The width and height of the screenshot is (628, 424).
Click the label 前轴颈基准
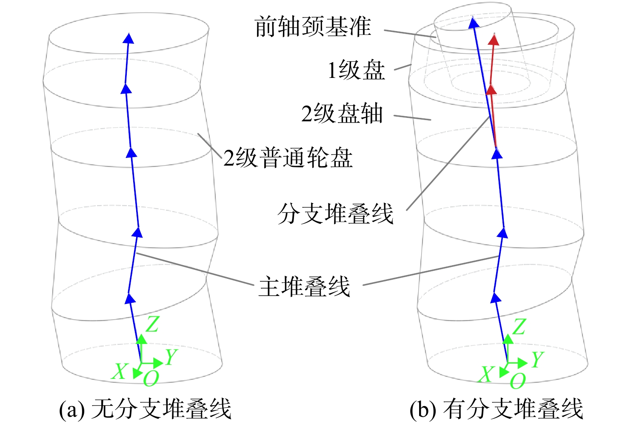[313, 27]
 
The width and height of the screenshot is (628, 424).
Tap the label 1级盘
[356, 70]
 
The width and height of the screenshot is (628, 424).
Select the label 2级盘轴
[342, 114]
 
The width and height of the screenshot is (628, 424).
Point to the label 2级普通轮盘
[288, 158]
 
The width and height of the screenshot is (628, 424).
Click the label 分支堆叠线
[335, 214]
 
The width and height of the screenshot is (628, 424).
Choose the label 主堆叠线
[304, 286]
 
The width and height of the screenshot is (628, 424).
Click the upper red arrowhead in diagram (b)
[494, 40]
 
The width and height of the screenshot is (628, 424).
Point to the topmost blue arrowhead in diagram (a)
[128, 38]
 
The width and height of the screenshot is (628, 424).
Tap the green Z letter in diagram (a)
[153, 324]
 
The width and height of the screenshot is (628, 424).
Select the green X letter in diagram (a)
[120, 371]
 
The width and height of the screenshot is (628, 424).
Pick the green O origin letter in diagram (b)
[517, 381]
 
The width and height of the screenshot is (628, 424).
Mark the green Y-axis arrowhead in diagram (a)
[158, 363]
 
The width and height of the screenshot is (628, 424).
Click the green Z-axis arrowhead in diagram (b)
[508, 340]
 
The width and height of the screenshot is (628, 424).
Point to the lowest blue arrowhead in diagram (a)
[130, 298]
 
